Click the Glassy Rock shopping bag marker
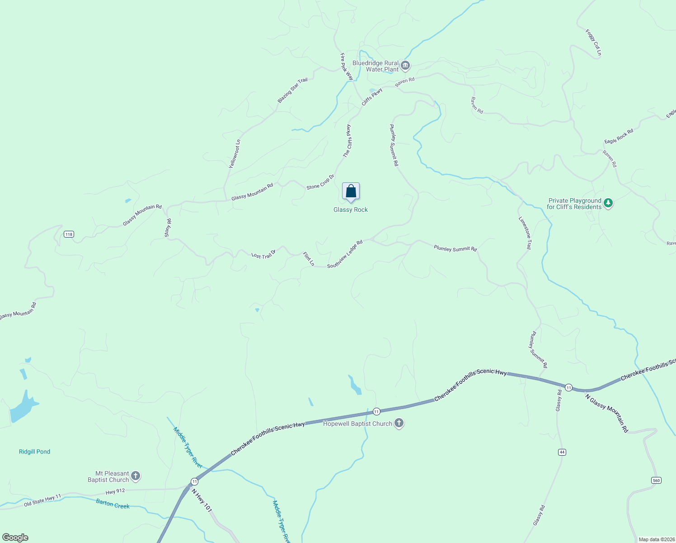(x=351, y=192)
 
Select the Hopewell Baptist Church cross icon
(x=399, y=424)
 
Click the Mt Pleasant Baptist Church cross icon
(x=136, y=476)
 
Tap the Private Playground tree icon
(x=608, y=203)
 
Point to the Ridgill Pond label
(x=34, y=452)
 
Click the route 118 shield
(x=69, y=234)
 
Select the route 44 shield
(x=562, y=452)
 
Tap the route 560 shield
(x=656, y=480)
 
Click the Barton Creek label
(x=113, y=504)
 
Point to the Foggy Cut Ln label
(x=593, y=43)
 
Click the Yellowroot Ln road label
(x=235, y=154)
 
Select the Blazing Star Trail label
(x=292, y=90)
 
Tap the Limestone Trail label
(x=525, y=233)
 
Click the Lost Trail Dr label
(x=263, y=255)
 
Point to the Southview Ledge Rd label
(x=345, y=254)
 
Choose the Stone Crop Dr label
(x=320, y=182)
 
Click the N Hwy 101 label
(x=202, y=500)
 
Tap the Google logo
(x=15, y=538)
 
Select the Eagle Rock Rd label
(x=619, y=136)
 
